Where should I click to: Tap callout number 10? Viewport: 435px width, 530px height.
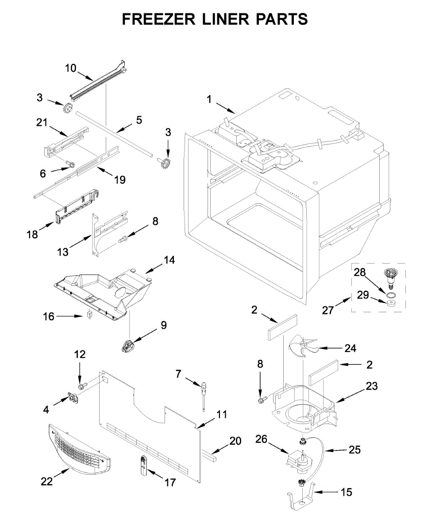(x=71, y=68)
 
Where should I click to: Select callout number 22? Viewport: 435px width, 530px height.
(x=47, y=481)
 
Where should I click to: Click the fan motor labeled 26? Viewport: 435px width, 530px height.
(x=297, y=458)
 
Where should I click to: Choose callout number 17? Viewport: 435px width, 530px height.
(x=170, y=482)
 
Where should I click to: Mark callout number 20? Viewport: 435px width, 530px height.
(x=235, y=440)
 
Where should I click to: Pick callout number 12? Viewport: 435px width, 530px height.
(x=80, y=355)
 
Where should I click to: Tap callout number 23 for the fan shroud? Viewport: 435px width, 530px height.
(x=372, y=386)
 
